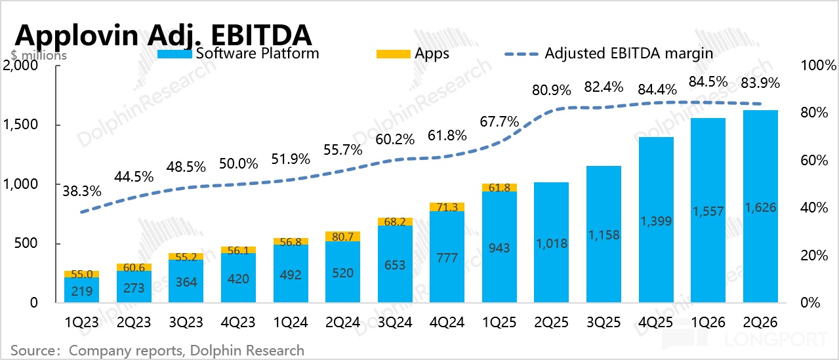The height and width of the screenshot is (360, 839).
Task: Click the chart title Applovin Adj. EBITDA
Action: click(x=163, y=35)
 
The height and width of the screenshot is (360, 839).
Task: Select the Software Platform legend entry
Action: click(x=238, y=54)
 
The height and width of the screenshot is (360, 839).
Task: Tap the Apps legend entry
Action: click(x=413, y=54)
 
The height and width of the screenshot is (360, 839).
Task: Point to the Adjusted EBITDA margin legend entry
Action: click(x=609, y=54)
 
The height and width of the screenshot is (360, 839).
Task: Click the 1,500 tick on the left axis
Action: click(x=20, y=125)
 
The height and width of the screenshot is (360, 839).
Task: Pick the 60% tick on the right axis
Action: click(x=814, y=160)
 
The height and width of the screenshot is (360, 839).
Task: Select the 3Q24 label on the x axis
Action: click(x=395, y=322)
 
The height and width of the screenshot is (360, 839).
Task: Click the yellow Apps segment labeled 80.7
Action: click(x=342, y=237)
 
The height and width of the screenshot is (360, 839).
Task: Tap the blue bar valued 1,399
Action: click(x=656, y=220)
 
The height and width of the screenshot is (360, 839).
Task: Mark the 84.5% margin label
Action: click(x=708, y=81)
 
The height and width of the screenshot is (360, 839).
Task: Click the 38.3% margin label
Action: click(x=81, y=191)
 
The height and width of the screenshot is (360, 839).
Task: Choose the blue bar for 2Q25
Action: click(x=551, y=242)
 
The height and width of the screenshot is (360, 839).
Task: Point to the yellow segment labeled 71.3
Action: click(x=447, y=207)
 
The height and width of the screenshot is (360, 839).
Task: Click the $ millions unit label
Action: click(x=39, y=55)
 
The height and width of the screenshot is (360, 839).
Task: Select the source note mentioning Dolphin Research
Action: click(x=157, y=351)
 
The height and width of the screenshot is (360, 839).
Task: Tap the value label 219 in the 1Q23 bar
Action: click(x=81, y=291)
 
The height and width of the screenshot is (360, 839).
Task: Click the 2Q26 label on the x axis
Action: click(x=760, y=322)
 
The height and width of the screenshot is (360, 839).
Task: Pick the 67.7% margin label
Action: click(x=499, y=121)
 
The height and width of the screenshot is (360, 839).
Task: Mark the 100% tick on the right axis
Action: click(x=819, y=66)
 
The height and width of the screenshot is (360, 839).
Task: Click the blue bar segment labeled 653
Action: click(x=395, y=264)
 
